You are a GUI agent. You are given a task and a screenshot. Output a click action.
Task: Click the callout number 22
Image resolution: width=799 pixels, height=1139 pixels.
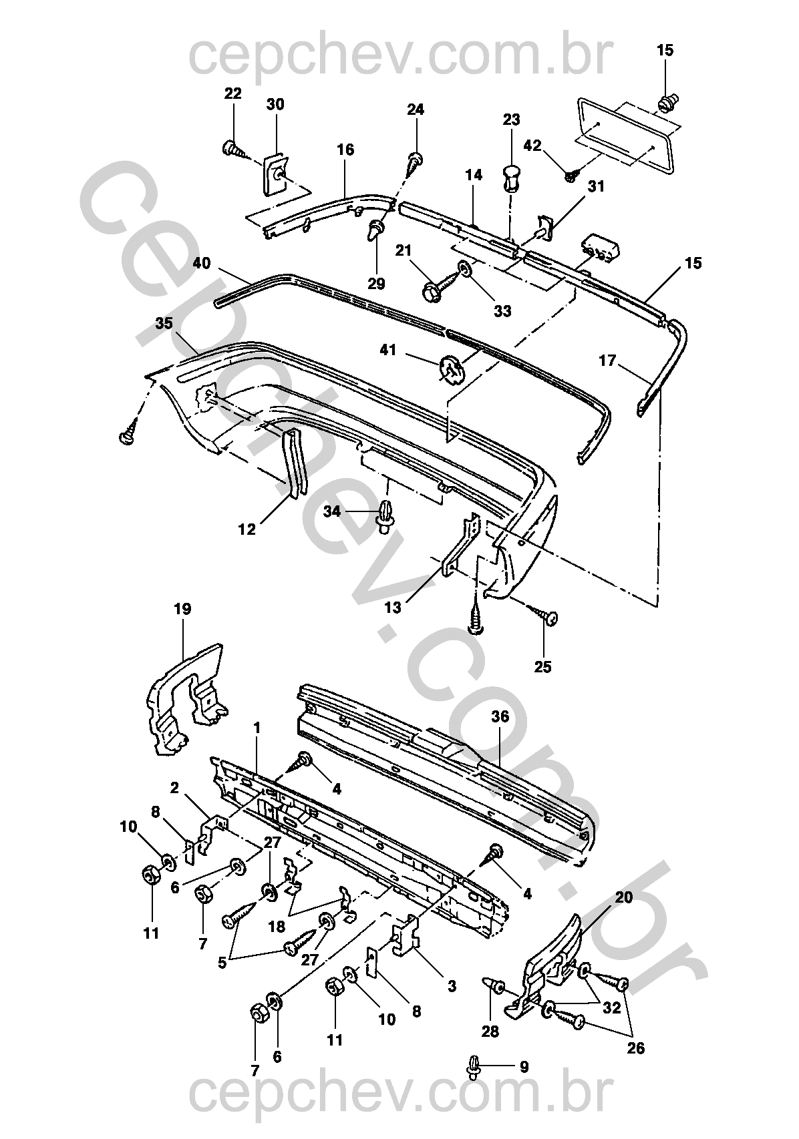tap(232, 93)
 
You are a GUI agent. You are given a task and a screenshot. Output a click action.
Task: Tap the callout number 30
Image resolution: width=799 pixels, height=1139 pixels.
tap(275, 104)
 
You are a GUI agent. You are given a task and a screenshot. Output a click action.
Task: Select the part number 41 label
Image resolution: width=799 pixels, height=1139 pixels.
tap(389, 349)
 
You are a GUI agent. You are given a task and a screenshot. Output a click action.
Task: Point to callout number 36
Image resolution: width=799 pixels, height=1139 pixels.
tap(500, 717)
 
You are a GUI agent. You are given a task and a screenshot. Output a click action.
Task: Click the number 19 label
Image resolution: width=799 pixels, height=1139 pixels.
tap(182, 609)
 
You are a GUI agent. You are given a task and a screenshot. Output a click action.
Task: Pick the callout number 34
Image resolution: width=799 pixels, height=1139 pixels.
tap(332, 511)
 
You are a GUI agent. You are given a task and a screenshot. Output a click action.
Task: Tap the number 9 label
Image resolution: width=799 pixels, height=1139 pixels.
tap(524, 1067)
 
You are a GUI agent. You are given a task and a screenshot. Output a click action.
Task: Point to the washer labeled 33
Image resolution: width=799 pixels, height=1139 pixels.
tap(463, 270)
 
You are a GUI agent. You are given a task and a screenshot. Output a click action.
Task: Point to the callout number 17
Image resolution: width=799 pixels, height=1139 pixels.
tap(607, 361)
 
